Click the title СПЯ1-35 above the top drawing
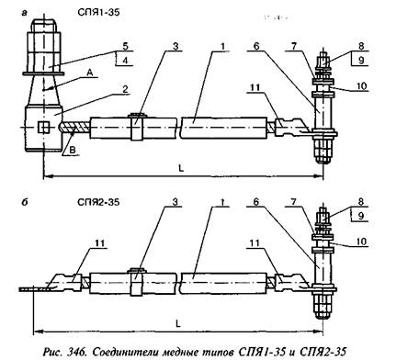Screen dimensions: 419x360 pos(98,12)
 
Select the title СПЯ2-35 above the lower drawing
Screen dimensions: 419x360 pos(98,202)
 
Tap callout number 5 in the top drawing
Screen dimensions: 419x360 pos(125,46)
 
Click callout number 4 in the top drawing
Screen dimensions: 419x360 pos(125,61)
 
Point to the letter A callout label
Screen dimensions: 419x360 pos(90,73)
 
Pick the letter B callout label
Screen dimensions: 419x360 pos(73,151)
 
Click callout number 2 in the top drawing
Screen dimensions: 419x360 pos(125,89)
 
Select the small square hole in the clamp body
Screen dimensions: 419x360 pos(43,127)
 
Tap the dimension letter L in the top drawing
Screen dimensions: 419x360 pos(181,168)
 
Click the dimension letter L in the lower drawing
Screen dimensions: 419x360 pos(178,323)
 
